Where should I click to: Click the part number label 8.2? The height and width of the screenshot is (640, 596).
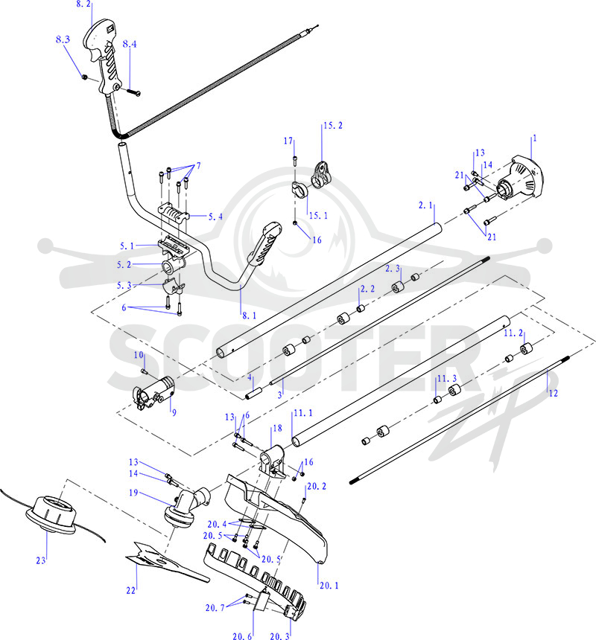(x=83, y=4)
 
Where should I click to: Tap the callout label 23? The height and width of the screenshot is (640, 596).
(x=41, y=560)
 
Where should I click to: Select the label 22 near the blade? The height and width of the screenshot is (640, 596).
(x=130, y=590)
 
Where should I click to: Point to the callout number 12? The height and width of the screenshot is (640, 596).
(x=553, y=393)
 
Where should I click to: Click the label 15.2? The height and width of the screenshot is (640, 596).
(x=333, y=125)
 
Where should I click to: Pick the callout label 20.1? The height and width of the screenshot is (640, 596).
(x=329, y=586)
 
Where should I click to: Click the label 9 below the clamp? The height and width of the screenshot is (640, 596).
(x=174, y=413)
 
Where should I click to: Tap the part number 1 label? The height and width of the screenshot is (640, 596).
(x=535, y=138)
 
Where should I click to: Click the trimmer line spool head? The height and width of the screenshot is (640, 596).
(x=51, y=513)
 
